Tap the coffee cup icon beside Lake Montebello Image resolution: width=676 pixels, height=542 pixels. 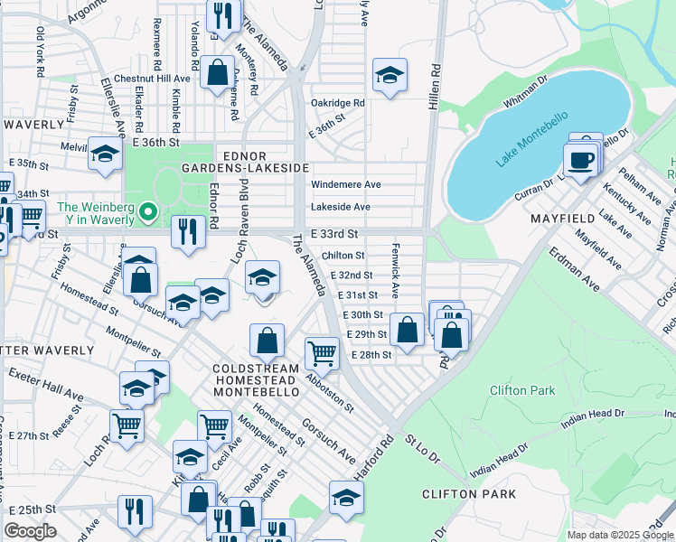coord(579,161)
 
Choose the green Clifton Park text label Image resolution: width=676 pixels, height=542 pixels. coord(522,390)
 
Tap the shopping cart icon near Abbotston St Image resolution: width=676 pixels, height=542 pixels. coord(322,353)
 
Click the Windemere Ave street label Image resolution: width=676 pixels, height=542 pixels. coord(345,184)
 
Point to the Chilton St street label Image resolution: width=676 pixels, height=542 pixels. coord(343,257)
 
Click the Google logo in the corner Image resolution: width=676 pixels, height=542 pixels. coord(30,531)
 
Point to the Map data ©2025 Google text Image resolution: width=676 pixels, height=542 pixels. coord(620,535)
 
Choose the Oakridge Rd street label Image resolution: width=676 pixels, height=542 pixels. coord(337,103)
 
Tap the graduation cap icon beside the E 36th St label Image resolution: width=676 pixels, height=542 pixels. coord(105,154)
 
